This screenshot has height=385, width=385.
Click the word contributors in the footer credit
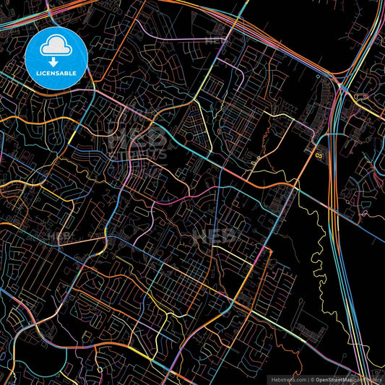coord(369,378)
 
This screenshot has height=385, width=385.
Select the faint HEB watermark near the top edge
coord(217,40)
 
